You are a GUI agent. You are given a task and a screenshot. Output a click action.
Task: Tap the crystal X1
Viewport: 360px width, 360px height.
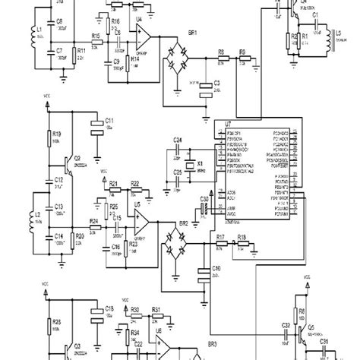point(189,163)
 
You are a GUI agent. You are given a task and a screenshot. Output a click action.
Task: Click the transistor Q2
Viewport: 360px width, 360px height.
point(70,163)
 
